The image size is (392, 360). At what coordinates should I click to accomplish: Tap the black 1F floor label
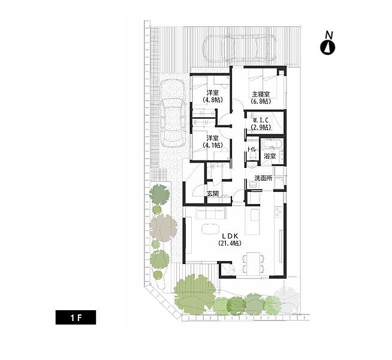(76, 317)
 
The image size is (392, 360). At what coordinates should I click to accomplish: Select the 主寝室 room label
(261, 95)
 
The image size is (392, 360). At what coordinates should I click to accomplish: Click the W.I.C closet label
(261, 121)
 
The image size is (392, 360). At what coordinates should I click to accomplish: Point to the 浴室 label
(270, 157)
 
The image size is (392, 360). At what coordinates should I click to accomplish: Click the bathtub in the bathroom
(272, 145)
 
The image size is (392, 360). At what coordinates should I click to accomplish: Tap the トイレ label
(251, 149)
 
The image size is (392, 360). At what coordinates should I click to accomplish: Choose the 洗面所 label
(263, 178)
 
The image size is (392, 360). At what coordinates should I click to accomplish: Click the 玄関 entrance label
(213, 193)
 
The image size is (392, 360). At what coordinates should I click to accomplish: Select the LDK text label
(230, 236)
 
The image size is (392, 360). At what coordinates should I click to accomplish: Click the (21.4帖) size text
(230, 243)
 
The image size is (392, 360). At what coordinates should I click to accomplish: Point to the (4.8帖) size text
(213, 100)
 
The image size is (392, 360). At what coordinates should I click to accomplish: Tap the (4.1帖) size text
(213, 145)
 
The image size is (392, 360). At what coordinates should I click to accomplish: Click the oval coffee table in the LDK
(210, 229)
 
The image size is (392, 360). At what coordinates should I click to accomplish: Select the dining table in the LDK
(254, 263)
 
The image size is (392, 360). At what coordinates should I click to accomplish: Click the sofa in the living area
(211, 213)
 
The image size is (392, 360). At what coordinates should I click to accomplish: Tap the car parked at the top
(240, 48)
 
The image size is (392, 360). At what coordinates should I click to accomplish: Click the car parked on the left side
(173, 113)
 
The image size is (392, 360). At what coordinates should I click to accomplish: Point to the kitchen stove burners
(278, 212)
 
